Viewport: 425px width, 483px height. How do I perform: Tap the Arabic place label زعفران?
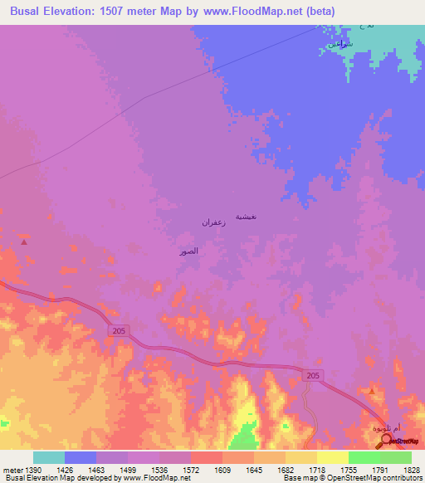214,222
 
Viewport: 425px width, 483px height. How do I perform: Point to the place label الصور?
188,251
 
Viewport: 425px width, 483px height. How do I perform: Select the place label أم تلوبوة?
366,428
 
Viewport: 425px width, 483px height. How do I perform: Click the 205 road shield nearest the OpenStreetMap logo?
312,376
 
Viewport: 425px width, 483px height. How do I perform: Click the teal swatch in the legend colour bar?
49,457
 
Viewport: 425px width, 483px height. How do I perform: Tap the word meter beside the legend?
12,470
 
